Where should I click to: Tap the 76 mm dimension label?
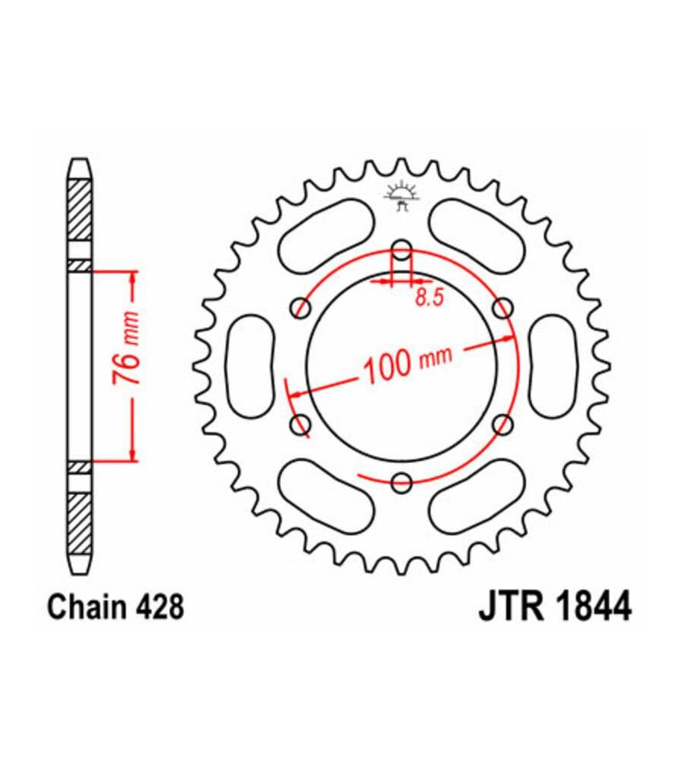[127, 348]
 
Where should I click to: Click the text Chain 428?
[115, 607]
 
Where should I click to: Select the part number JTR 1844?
[555, 607]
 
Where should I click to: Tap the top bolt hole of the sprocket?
[401, 251]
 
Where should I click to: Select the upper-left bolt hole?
[301, 308]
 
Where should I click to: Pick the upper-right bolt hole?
[502, 308]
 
